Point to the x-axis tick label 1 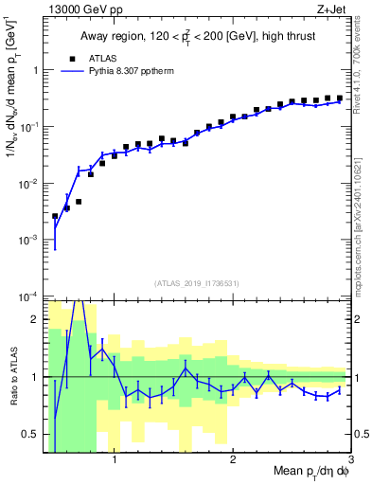[115, 461]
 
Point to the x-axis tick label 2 [233, 461]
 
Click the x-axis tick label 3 [350, 461]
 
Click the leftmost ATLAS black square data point [55, 216]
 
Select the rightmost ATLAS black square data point [339, 98]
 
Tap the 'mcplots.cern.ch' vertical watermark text [361, 246]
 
